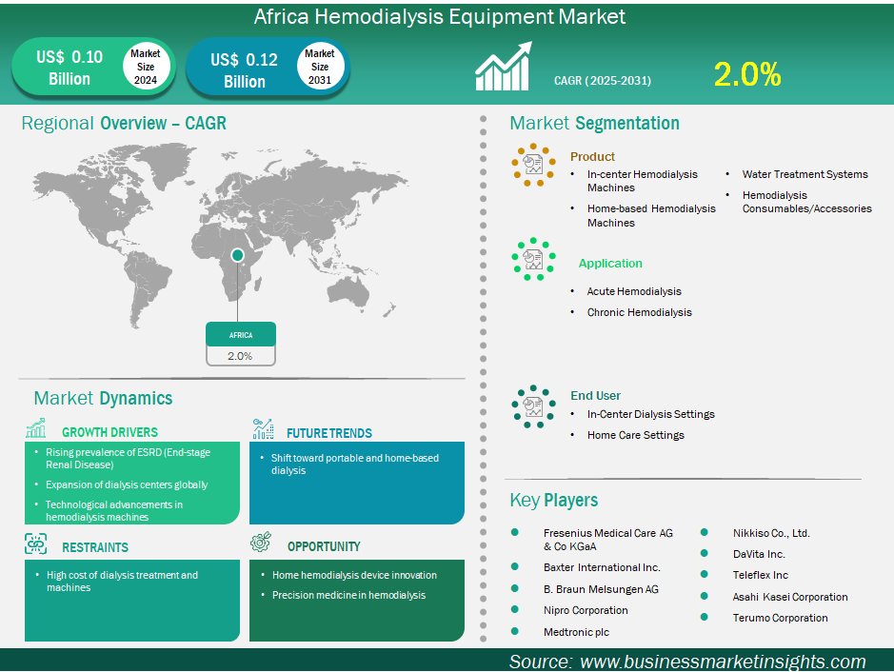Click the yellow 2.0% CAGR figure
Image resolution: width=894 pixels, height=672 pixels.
tap(746, 74)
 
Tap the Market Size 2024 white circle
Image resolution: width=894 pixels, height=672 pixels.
tap(146, 67)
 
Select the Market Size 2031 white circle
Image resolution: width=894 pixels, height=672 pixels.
tap(319, 67)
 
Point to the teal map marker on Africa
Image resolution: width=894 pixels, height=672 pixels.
tap(238, 255)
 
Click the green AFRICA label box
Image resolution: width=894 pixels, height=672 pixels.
tap(241, 335)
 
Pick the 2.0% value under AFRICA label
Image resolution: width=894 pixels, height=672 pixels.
tap(240, 356)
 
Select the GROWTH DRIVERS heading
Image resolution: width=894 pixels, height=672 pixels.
tap(109, 432)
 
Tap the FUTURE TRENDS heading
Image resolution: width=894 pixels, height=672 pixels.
tap(329, 433)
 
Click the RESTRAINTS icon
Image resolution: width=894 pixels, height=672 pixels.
tap(36, 544)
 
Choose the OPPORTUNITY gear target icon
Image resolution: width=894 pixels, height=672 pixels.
tap(261, 542)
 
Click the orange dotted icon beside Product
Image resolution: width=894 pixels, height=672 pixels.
tap(533, 165)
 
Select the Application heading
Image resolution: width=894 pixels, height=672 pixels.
tap(610, 264)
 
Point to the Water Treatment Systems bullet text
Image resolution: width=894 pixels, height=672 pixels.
tap(805, 174)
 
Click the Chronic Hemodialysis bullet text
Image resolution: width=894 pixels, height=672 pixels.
tap(639, 312)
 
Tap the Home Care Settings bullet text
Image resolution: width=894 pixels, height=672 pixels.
tap(636, 435)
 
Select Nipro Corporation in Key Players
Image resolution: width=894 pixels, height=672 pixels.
tap(586, 610)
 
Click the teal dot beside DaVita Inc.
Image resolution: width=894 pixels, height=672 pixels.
tap(705, 553)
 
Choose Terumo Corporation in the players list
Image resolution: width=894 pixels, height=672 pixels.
tap(780, 618)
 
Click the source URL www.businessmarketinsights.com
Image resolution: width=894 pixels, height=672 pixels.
tap(723, 662)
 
